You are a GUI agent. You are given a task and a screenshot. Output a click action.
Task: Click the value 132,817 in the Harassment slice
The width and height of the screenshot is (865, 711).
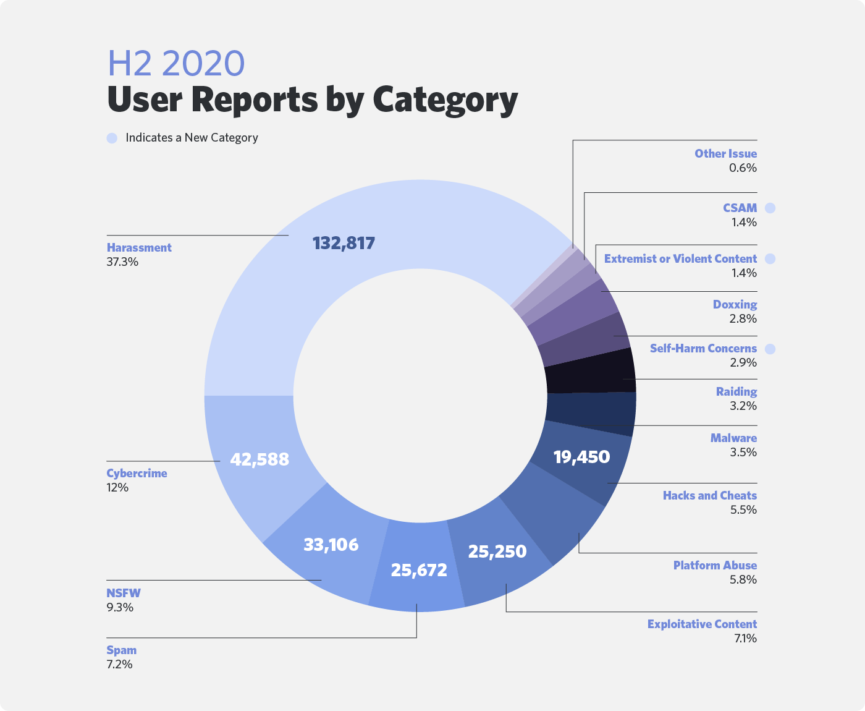click(344, 243)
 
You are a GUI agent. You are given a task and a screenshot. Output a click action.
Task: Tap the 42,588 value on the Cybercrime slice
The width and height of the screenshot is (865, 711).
click(259, 459)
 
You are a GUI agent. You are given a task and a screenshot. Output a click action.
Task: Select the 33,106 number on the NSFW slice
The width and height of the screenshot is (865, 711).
click(331, 545)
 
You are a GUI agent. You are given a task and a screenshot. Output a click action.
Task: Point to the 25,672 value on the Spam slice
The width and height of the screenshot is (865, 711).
click(419, 570)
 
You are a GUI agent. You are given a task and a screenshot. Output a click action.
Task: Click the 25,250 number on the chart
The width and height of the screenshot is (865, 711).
click(497, 551)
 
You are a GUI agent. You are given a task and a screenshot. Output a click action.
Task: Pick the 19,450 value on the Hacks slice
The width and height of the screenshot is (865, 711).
click(581, 457)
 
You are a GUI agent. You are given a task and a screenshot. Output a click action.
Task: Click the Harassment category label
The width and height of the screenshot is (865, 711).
click(139, 247)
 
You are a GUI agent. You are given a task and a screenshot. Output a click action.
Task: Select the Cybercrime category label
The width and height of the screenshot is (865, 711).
click(137, 473)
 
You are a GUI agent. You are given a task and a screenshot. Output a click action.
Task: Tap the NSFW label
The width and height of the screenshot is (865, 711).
click(124, 593)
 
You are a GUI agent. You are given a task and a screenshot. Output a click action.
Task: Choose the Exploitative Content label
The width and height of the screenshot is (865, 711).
click(702, 624)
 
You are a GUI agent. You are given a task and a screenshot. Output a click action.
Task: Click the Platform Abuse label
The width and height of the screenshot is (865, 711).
click(715, 565)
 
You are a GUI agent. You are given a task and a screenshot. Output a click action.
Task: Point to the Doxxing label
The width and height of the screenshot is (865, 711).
click(735, 304)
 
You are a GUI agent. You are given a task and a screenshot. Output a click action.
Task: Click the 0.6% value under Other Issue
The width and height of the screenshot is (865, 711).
click(743, 168)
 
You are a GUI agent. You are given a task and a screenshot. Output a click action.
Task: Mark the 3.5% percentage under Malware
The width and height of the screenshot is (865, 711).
click(743, 453)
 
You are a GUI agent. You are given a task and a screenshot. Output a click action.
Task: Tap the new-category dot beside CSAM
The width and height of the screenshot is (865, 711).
click(770, 208)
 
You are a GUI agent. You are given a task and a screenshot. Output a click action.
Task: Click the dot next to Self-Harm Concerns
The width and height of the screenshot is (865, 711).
click(770, 349)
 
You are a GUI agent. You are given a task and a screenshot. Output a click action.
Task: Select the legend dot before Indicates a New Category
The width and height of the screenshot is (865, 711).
click(112, 138)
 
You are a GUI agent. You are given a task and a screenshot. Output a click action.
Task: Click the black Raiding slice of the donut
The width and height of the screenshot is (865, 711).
click(591, 372)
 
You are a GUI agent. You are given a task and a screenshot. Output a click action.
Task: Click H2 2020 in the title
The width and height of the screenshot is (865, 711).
click(176, 63)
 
